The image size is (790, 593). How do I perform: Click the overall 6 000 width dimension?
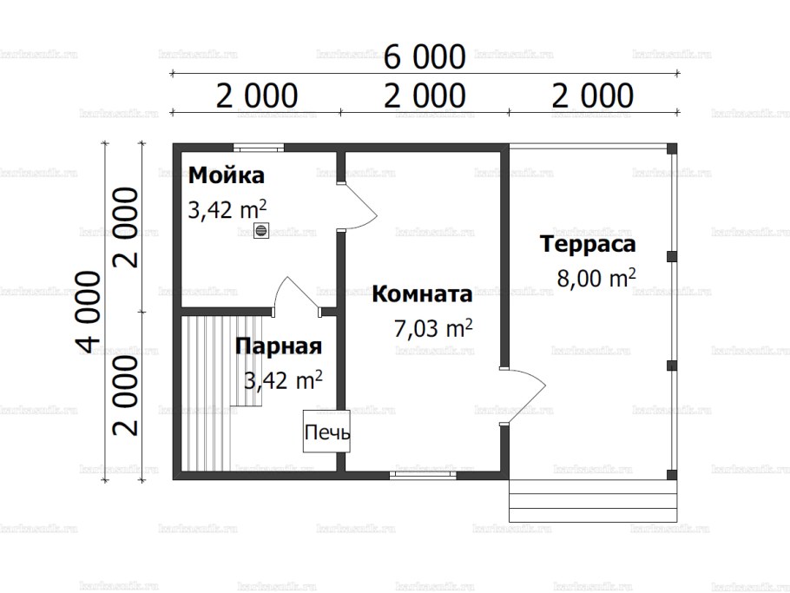point(425,58)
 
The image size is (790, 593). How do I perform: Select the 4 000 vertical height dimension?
point(88,312)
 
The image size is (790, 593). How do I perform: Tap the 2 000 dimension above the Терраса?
point(592,96)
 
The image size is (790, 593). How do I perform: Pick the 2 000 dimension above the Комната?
point(425,96)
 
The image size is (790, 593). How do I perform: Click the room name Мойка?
point(227,176)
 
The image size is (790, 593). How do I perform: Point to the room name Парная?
point(279,346)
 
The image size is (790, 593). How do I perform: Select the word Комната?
point(422,294)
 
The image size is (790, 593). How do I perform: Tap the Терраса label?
point(588,244)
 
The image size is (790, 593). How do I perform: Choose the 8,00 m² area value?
point(596,279)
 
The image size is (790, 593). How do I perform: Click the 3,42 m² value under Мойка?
point(227,210)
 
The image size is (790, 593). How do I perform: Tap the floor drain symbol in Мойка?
point(260,230)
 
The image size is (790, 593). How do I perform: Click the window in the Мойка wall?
point(253,147)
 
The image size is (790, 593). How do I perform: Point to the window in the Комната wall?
point(423,475)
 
